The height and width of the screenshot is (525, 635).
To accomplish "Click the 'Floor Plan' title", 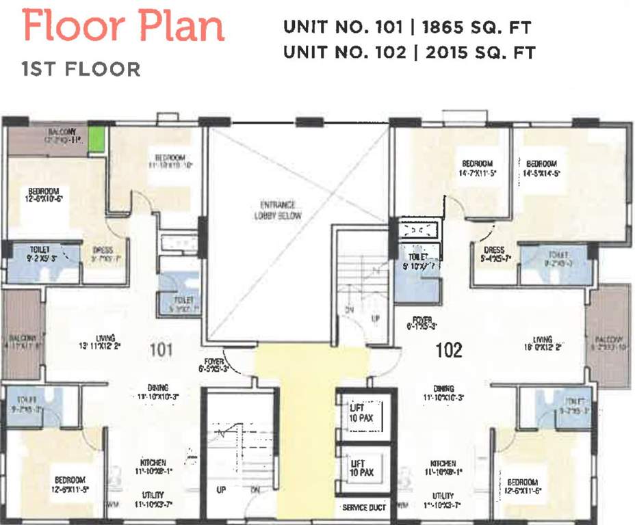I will pos(123,27).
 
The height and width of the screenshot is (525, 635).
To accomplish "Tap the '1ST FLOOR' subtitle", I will pos(81,69).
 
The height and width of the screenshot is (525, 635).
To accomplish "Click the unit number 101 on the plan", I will pos(161,351).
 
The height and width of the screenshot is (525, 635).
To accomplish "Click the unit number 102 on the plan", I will pos(449,351).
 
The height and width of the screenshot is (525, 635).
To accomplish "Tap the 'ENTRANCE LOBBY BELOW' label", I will pos(277,210).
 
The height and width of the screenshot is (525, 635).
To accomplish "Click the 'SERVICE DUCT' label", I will pos(364,508).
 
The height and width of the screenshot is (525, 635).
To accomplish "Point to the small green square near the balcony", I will pos(96,139).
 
